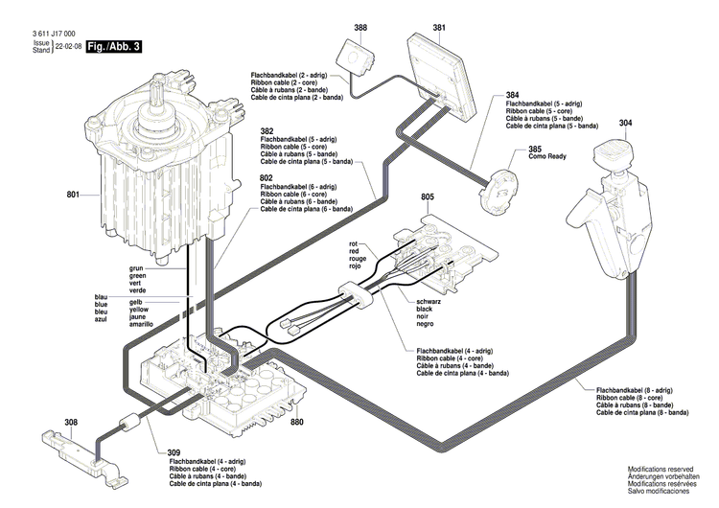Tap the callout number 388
tap(359, 28)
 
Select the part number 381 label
tap(439, 28)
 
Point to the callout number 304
tap(625, 123)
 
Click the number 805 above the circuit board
tap(428, 196)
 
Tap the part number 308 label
tap(71, 422)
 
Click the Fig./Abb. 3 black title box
tap(113, 46)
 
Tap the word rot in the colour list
tap(353, 244)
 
